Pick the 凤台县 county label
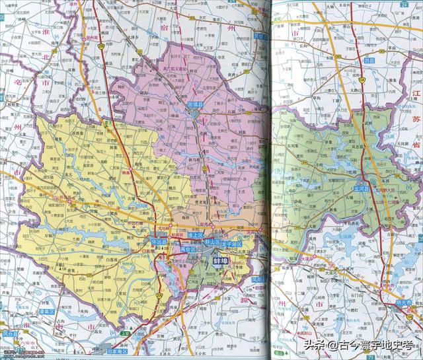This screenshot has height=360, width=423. coord(10,334)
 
